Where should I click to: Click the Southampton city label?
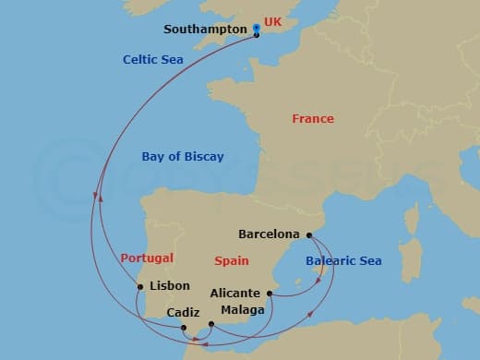point(205,30)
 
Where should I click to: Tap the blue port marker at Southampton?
point(256,32)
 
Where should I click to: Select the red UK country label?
point(274,21)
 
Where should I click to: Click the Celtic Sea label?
point(153,60)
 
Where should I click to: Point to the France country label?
point(313,119)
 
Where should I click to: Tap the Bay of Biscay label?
point(183,157)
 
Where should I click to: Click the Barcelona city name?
point(270,234)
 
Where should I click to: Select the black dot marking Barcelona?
point(309,234)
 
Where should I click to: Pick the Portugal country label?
point(147,258)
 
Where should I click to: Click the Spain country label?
point(232,261)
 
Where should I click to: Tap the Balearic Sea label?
point(343,261)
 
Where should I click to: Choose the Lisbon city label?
point(169,286)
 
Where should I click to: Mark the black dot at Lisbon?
point(140,286)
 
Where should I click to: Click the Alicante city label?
point(234,294)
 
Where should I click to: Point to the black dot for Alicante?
point(270,294)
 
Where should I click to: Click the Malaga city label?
point(243,310)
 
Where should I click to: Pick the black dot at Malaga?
point(211,324)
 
